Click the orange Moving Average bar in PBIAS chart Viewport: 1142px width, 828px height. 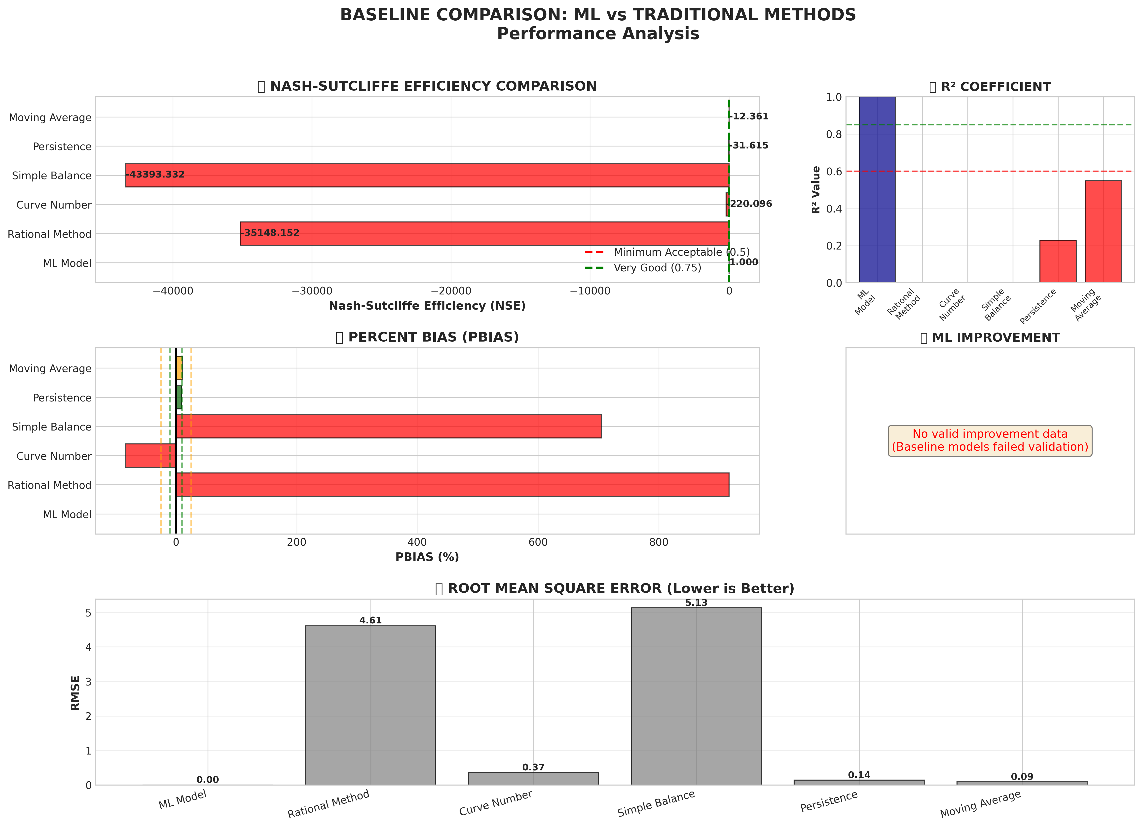click(x=179, y=368)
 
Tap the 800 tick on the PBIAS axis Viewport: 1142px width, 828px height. click(x=659, y=542)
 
